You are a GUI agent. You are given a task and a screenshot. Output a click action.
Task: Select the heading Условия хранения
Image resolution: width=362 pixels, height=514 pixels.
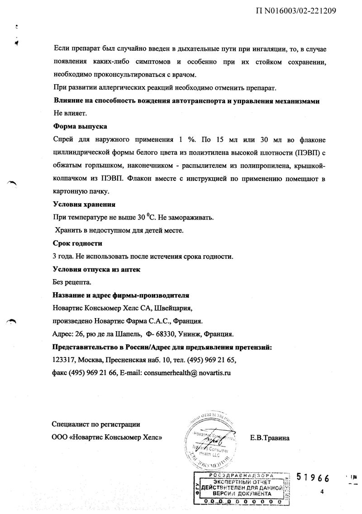(x=84, y=204)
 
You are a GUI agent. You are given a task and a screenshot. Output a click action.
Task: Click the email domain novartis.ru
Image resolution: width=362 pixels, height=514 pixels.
(x=213, y=373)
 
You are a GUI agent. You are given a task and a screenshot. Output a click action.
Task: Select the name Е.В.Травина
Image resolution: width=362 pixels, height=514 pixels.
(x=270, y=438)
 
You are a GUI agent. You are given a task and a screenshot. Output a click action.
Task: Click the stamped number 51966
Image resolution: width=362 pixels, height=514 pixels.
(x=312, y=478)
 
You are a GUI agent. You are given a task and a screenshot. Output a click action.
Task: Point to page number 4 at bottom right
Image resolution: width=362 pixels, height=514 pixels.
(x=322, y=492)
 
